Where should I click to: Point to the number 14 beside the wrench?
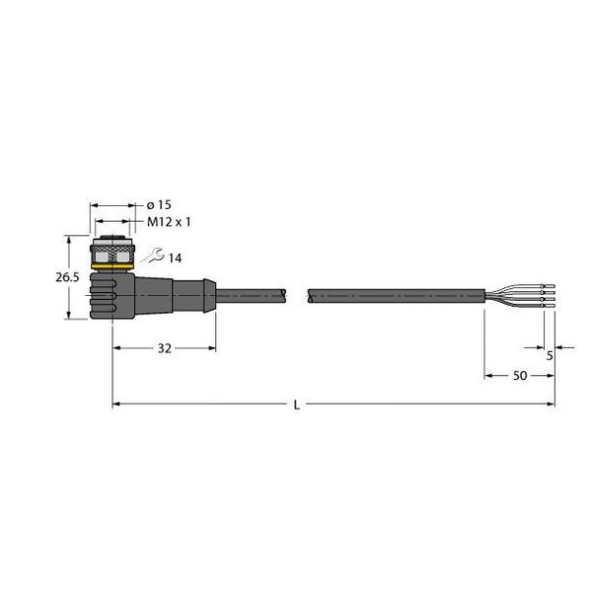(x=175, y=259)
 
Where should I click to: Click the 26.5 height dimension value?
(x=67, y=278)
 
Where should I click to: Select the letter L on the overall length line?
(x=297, y=404)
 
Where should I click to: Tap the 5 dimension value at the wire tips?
(x=549, y=356)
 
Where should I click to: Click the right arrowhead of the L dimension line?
(x=551, y=404)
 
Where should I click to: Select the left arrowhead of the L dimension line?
(x=116, y=404)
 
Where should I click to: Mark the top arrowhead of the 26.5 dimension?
(x=68, y=238)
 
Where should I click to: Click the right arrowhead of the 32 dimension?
(x=212, y=348)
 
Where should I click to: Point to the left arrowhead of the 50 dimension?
(x=487, y=376)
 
